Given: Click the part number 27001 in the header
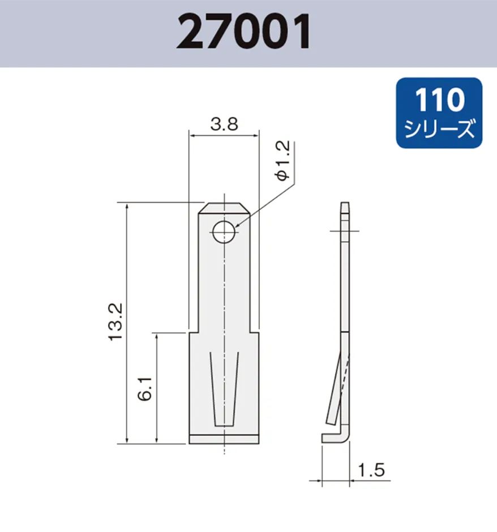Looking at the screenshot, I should pyautogui.click(x=243, y=32).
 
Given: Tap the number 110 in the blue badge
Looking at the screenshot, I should pyautogui.click(x=439, y=101).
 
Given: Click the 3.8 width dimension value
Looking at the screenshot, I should pyautogui.click(x=223, y=124).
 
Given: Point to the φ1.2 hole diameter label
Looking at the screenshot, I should pyautogui.click(x=283, y=162).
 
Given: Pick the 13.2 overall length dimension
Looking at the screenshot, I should pyautogui.click(x=115, y=321).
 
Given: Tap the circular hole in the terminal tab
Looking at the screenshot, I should pyautogui.click(x=224, y=230).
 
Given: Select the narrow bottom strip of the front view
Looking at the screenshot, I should pyautogui.click(x=224, y=439).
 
